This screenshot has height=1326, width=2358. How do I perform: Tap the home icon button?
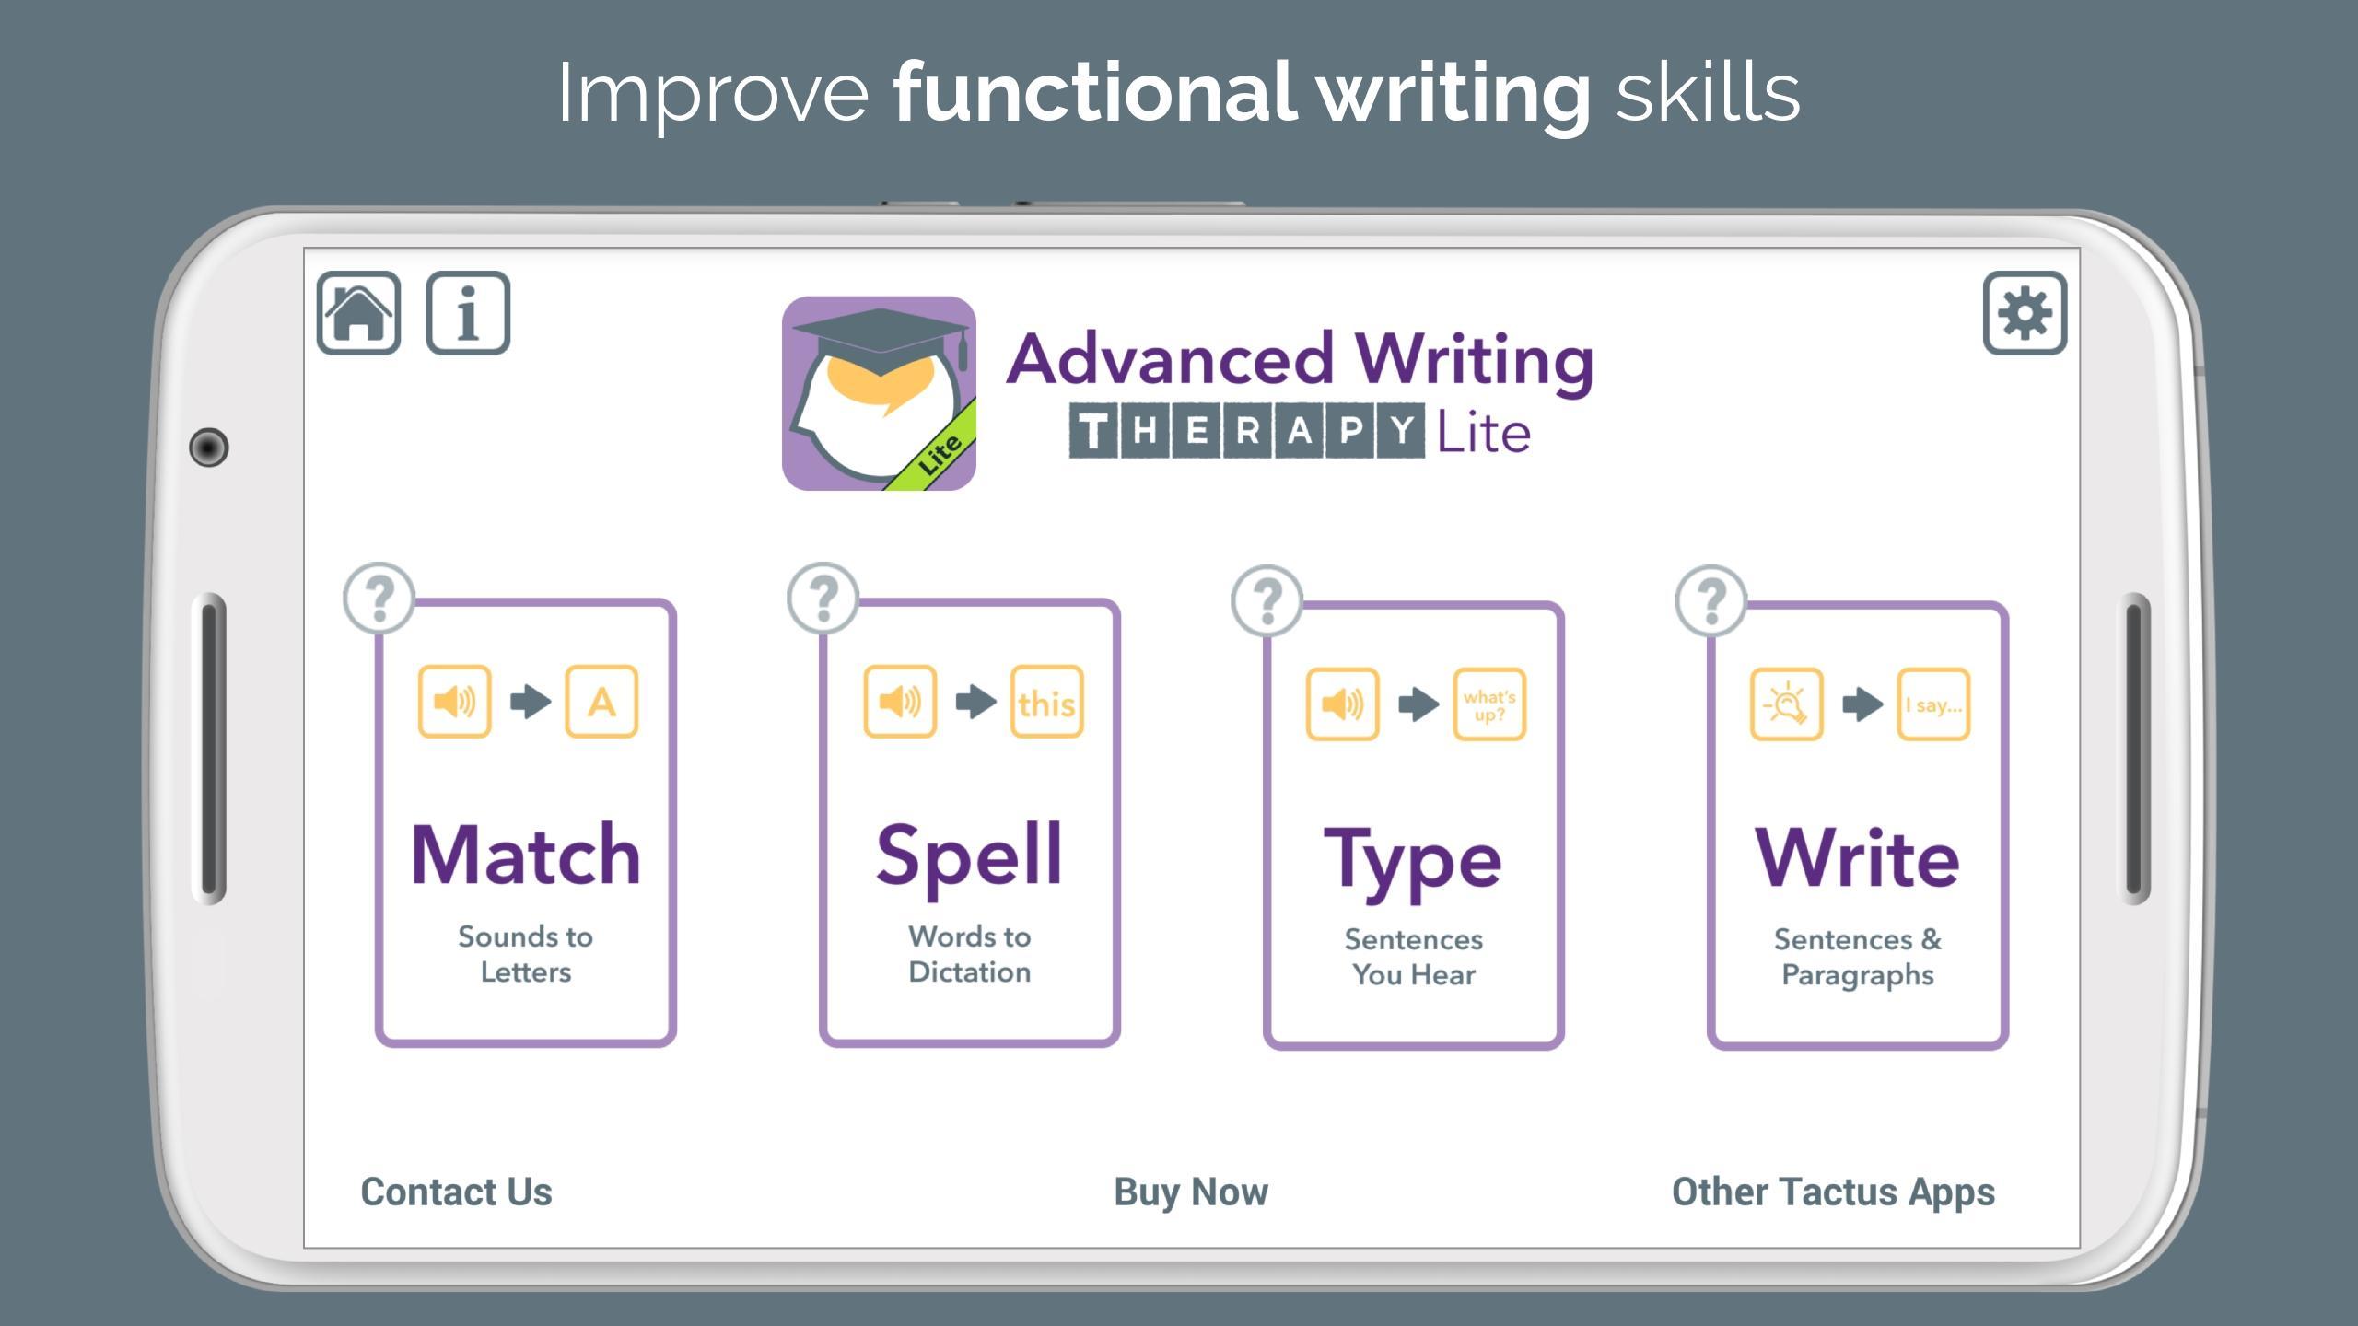pyautogui.click(x=358, y=313)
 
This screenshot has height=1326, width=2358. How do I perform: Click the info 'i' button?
pyautogui.click(x=468, y=313)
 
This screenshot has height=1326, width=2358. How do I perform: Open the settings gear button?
pyautogui.click(x=2025, y=313)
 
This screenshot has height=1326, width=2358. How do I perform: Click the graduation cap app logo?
pyautogui.click(x=879, y=393)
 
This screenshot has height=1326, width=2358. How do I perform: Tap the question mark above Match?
pyautogui.click(x=379, y=599)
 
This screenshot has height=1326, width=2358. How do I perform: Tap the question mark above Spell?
pyautogui.click(x=823, y=599)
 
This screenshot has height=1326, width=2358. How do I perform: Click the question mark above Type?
pyautogui.click(x=1267, y=600)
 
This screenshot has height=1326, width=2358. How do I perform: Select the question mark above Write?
pyautogui.click(x=1710, y=600)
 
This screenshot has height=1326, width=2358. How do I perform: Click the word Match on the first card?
pyautogui.click(x=525, y=855)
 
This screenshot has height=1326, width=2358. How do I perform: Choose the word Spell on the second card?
pyautogui.click(x=969, y=859)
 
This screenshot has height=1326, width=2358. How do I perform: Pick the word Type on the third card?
pyautogui.click(x=1413, y=864)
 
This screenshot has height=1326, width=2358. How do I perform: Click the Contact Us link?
pyautogui.click(x=456, y=1192)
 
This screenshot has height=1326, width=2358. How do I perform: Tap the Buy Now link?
pyautogui.click(x=1191, y=1192)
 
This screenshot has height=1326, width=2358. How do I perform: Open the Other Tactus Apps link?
pyautogui.click(x=1833, y=1192)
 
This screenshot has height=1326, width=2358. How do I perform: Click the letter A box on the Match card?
pyautogui.click(x=601, y=702)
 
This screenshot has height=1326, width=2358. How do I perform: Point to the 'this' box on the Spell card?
pyautogui.click(x=1047, y=702)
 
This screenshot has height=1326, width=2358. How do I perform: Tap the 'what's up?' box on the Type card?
pyautogui.click(x=1489, y=704)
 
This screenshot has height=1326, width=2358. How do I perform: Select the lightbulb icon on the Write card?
pyautogui.click(x=1786, y=704)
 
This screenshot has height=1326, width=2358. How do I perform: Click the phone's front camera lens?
pyautogui.click(x=208, y=448)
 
